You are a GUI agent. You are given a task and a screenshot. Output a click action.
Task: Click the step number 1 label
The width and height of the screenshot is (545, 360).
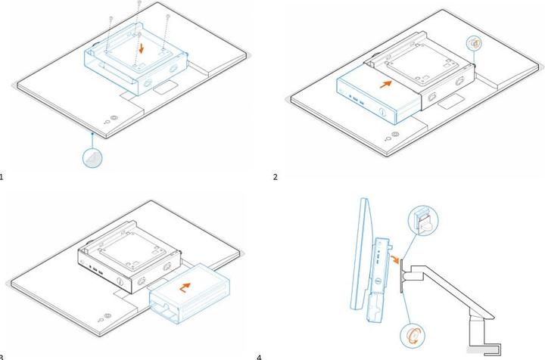click(2, 177)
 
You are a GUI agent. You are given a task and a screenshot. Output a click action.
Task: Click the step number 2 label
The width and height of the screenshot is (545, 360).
click(276, 177)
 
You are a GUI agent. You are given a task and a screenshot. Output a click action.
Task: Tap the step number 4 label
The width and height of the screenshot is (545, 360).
click(259, 357)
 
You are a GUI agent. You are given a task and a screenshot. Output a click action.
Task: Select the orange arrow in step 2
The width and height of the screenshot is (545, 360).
click(386, 84)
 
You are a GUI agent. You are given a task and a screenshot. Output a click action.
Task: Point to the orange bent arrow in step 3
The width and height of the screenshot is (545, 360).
click(185, 287)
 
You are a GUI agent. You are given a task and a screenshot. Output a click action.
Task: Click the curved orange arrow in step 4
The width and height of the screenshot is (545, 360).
click(394, 259)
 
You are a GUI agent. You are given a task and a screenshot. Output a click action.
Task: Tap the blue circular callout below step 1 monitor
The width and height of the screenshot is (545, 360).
click(92, 157)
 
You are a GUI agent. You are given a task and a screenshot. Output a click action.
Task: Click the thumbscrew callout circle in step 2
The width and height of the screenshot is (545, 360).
click(474, 44)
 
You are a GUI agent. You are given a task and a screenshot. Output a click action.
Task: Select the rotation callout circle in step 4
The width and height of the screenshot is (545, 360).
click(413, 336)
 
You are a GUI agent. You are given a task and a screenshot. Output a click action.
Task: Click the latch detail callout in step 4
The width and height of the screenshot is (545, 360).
click(424, 221)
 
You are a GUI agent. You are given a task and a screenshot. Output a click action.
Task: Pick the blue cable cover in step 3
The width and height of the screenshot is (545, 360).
click(189, 293)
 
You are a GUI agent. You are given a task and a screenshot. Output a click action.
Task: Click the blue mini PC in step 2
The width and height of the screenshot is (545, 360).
click(377, 98)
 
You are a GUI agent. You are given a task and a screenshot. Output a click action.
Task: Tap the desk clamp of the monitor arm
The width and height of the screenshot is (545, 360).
click(484, 349)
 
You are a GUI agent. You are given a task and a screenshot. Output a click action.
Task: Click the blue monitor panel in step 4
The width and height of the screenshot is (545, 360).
click(360, 253)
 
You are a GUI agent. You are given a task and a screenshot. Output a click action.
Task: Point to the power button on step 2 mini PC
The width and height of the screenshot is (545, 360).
click(382, 113)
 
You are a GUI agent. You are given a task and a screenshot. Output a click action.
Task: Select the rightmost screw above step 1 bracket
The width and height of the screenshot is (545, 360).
click(168, 17)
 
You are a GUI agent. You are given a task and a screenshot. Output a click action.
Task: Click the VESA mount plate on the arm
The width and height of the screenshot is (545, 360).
click(401, 275)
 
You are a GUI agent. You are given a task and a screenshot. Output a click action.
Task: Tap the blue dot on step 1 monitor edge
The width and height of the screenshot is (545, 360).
click(92, 133)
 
